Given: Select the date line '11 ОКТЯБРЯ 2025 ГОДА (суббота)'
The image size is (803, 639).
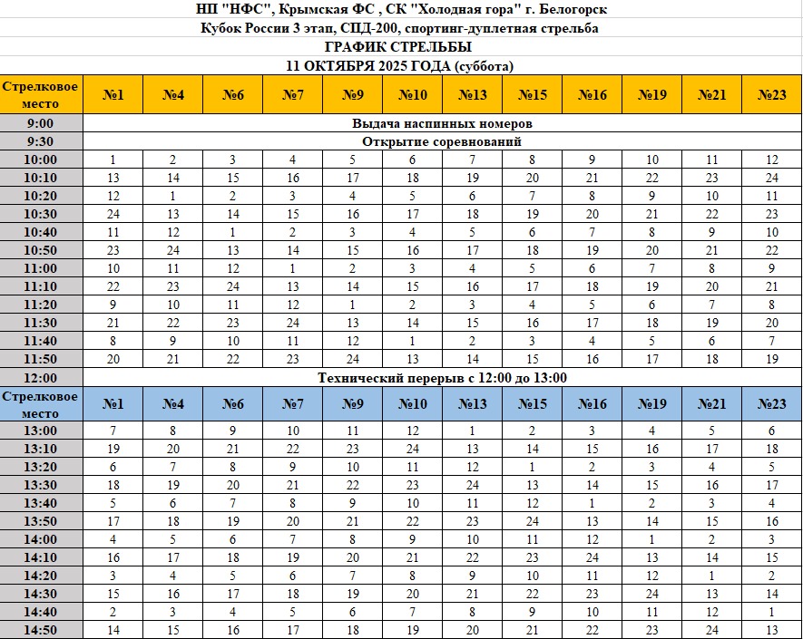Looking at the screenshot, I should pos(399,66).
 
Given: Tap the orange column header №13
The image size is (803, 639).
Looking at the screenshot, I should pos(473,94).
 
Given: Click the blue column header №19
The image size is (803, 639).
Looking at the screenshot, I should pos(652,403).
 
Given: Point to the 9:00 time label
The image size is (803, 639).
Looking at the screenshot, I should pos(41,123).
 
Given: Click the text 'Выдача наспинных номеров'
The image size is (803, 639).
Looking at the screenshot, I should pos(441,123).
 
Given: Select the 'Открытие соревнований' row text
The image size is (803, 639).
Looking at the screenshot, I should pos(441,141).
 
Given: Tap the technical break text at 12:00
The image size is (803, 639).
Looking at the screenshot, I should pos(441,378).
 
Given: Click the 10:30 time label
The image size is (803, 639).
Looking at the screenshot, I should pos(41,214).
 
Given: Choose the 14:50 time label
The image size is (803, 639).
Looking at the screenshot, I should pos(41,630).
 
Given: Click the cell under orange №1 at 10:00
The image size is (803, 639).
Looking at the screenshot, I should pos(113,160).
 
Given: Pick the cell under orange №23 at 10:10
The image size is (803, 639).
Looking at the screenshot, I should pos(771,178).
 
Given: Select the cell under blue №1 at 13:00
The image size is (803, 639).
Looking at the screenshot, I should pos(113,431).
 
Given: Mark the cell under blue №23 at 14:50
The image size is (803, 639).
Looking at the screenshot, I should pos(771,630).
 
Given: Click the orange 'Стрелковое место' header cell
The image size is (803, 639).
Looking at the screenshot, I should pos(41,94).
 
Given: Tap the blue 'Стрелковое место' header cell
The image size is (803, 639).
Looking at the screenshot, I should pos(41,403).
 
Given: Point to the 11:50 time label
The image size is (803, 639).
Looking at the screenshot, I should pos(41,359).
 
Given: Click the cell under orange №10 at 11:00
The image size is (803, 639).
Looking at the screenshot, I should pos(413,268).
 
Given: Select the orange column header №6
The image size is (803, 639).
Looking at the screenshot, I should pos(233,94).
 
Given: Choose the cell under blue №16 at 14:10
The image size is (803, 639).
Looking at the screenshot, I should pos(592,557).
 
